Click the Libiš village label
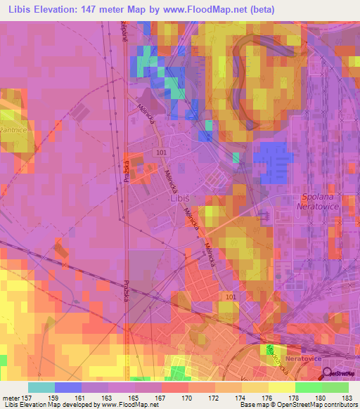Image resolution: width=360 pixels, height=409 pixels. (180, 198)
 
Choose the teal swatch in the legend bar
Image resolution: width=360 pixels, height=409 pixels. (41, 387)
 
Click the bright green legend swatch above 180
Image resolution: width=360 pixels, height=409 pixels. (308, 387)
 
